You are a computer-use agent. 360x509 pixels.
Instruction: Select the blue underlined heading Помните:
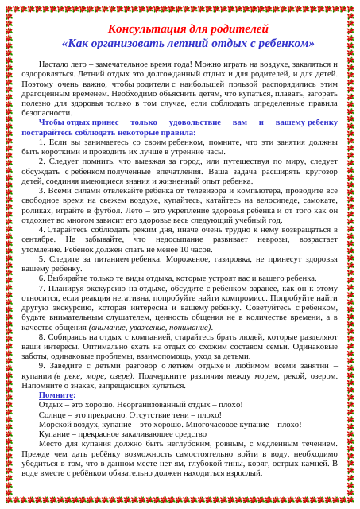coord(57,394)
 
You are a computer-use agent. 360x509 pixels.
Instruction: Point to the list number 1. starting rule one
coord(42,142)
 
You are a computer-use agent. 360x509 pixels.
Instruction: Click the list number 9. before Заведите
coord(42,365)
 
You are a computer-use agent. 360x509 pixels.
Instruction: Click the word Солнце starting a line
coord(52,414)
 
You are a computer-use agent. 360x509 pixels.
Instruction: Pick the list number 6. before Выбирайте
coord(42,278)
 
